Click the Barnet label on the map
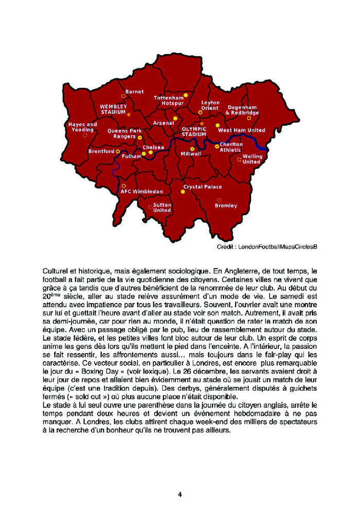(x=135, y=92)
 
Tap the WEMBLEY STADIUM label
(x=113, y=109)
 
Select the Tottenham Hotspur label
(x=169, y=100)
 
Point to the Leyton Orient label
(x=210, y=105)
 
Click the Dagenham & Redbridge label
(x=242, y=110)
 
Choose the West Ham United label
(x=242, y=131)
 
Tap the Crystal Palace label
(x=203, y=187)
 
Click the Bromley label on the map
(x=226, y=205)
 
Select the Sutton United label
(x=162, y=207)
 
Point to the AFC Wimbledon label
(x=141, y=191)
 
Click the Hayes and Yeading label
(x=82, y=127)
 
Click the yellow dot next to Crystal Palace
(x=183, y=191)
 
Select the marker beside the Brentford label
(x=118, y=152)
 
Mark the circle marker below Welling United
(x=239, y=160)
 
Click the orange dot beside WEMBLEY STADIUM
(x=129, y=114)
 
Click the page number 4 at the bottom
(x=180, y=495)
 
